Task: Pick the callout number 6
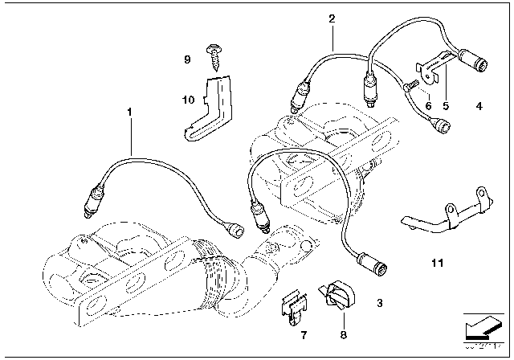point(428,106)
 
